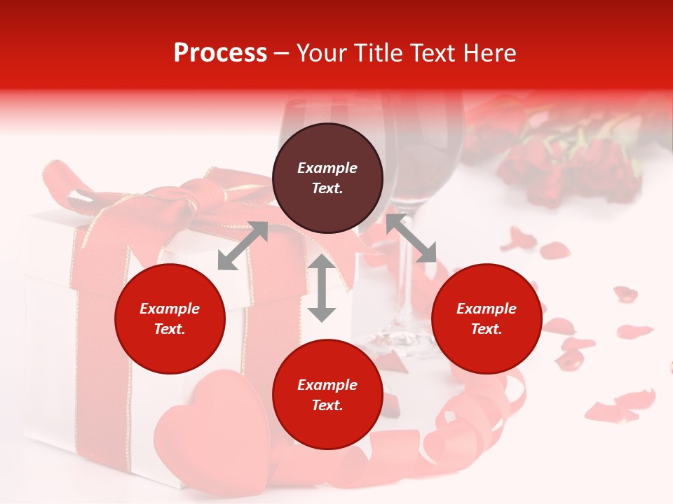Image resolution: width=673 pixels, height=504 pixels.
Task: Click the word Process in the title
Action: (x=220, y=53)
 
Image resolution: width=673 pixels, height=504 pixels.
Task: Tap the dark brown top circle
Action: (x=327, y=178)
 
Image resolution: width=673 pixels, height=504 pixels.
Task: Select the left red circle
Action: (x=170, y=318)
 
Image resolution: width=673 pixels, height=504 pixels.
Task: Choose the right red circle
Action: (x=487, y=318)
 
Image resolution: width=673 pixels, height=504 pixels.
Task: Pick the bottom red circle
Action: (x=327, y=395)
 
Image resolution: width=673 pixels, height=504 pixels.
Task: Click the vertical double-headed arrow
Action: (x=322, y=288)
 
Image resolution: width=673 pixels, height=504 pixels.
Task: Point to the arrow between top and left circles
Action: (x=243, y=246)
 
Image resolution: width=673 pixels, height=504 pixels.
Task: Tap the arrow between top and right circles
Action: (x=411, y=239)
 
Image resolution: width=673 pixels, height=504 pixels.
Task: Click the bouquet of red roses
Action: (x=561, y=161)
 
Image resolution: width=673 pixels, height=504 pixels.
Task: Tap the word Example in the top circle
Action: (x=327, y=168)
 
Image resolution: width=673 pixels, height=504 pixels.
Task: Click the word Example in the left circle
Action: (x=170, y=309)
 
